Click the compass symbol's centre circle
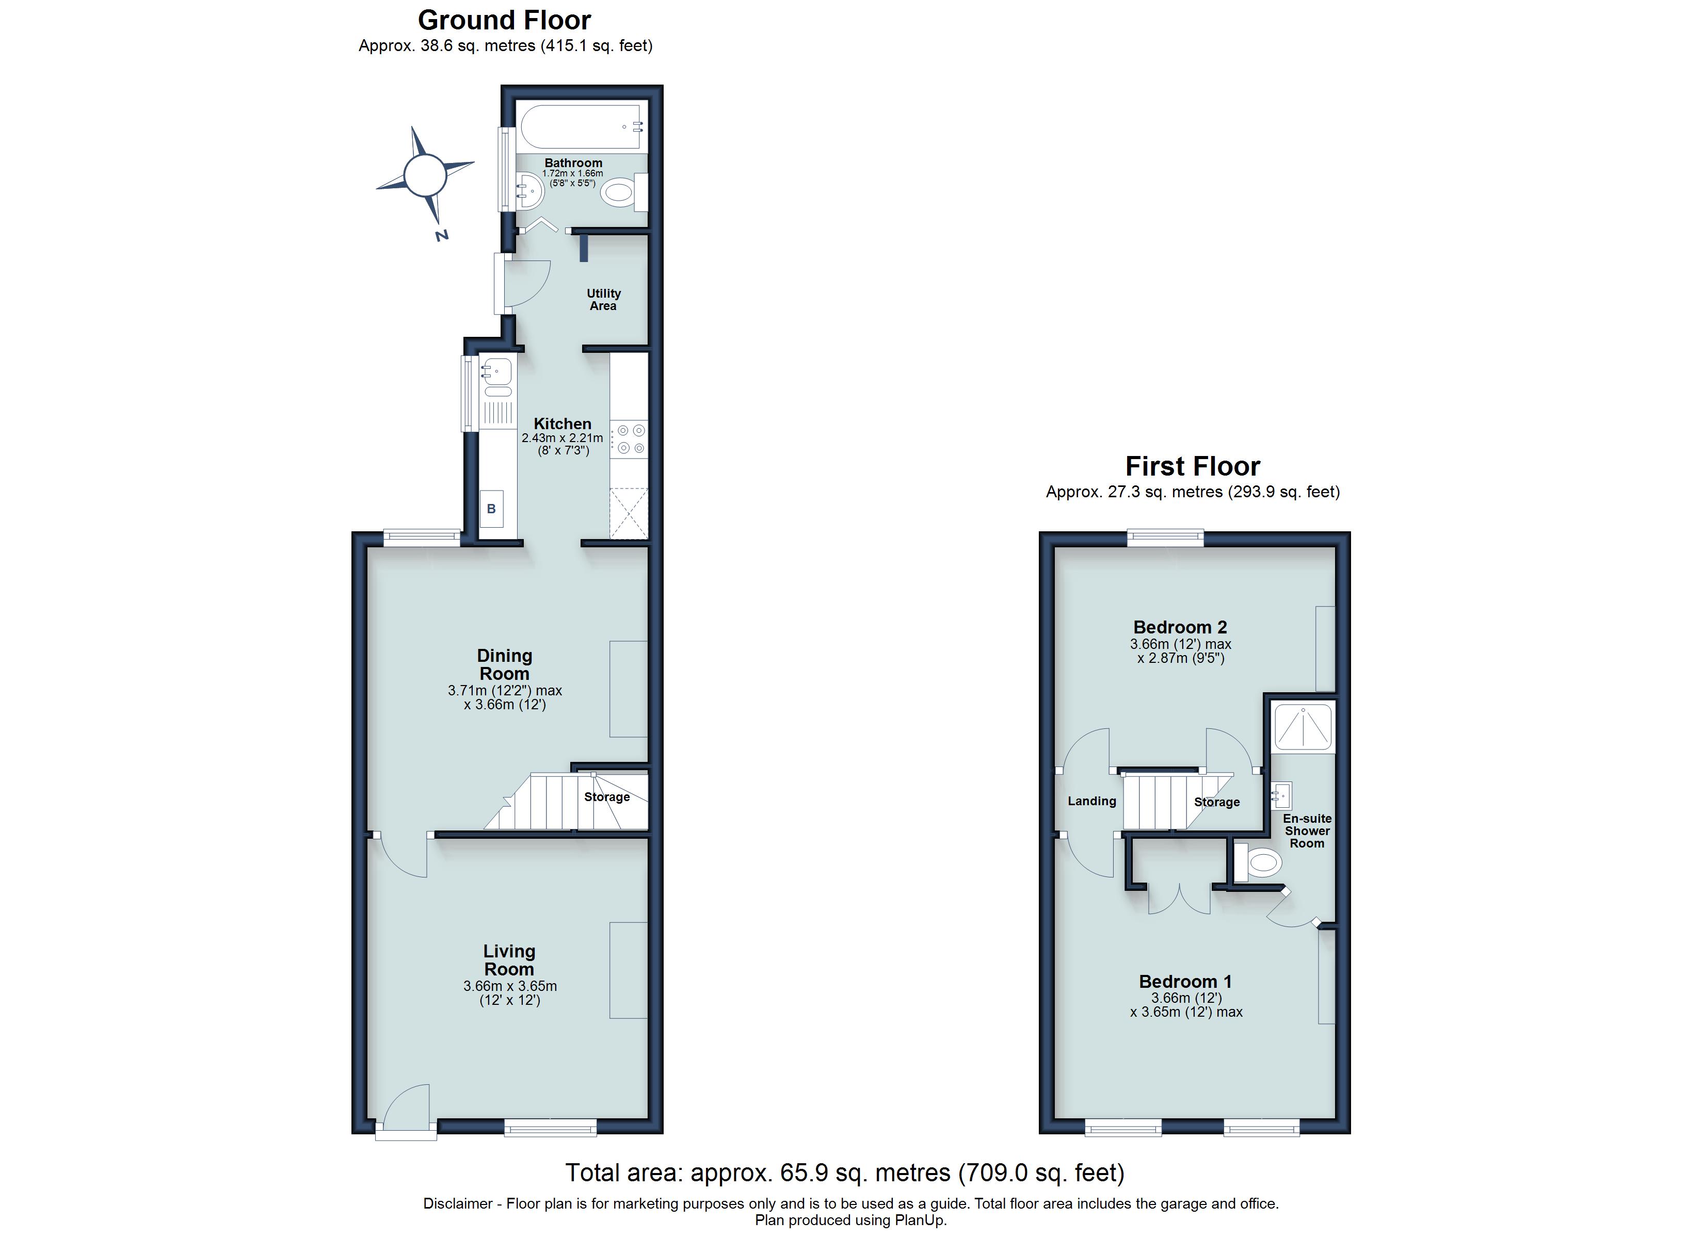[x=425, y=174]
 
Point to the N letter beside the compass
[x=442, y=236]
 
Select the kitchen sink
[x=496, y=371]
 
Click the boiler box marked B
[x=492, y=509]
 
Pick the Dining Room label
[x=505, y=664]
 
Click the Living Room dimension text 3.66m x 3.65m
[x=510, y=986]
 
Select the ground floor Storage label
[x=607, y=797]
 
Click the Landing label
[x=1092, y=801]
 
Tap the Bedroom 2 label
[x=1180, y=627]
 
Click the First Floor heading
[x=1193, y=466]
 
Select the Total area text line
[x=845, y=1172]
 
